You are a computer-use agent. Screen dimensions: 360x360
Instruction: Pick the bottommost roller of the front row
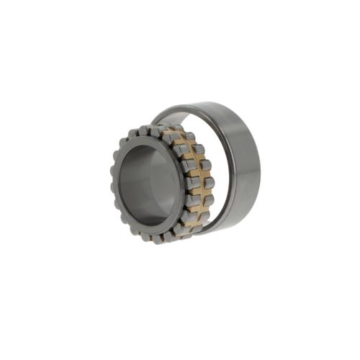154,238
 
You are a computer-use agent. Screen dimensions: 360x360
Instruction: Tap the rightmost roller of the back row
209,183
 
